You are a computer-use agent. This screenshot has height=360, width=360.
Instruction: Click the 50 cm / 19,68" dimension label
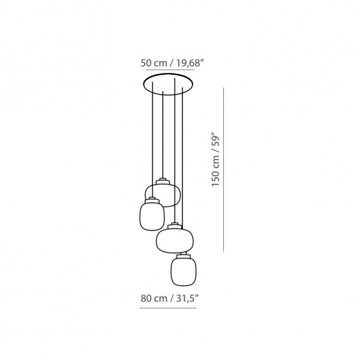point(172,62)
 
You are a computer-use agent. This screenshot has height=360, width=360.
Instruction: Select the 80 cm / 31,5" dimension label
point(169,298)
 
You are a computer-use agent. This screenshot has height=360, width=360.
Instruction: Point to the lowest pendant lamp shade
point(184,271)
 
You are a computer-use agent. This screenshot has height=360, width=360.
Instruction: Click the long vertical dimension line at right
point(223,169)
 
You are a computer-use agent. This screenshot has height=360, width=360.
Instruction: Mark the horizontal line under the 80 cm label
point(168,308)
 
